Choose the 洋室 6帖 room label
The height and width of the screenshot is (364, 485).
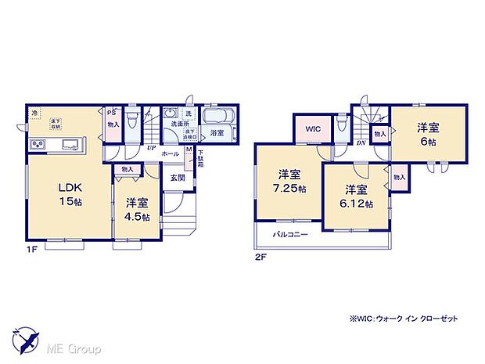pos(426,134)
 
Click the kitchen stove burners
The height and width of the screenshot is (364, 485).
pos(37,146)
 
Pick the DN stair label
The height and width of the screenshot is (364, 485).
pos(361,142)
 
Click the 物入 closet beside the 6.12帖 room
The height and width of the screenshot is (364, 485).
pos(399,178)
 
